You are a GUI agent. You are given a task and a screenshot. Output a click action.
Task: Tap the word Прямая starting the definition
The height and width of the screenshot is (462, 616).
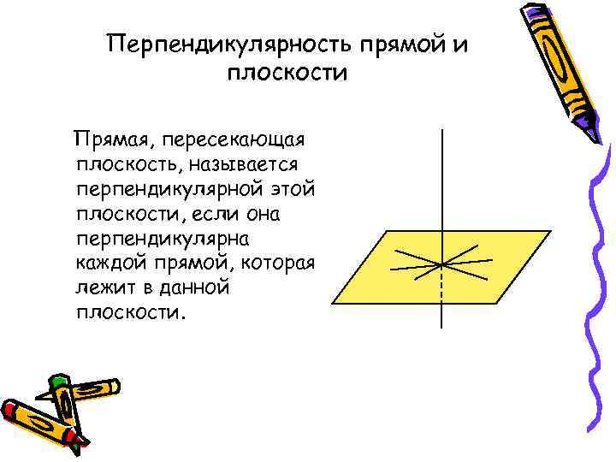point(110,139)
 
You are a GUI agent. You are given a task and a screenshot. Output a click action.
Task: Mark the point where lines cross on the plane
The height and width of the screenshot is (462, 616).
point(441,263)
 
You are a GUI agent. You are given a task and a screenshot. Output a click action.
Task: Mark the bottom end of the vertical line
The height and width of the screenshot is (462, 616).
point(441,327)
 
